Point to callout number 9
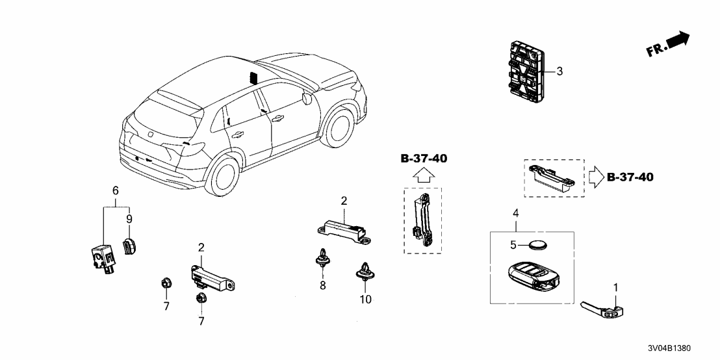click(x=129, y=218)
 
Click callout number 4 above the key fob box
click(x=515, y=213)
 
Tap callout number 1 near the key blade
click(x=616, y=287)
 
